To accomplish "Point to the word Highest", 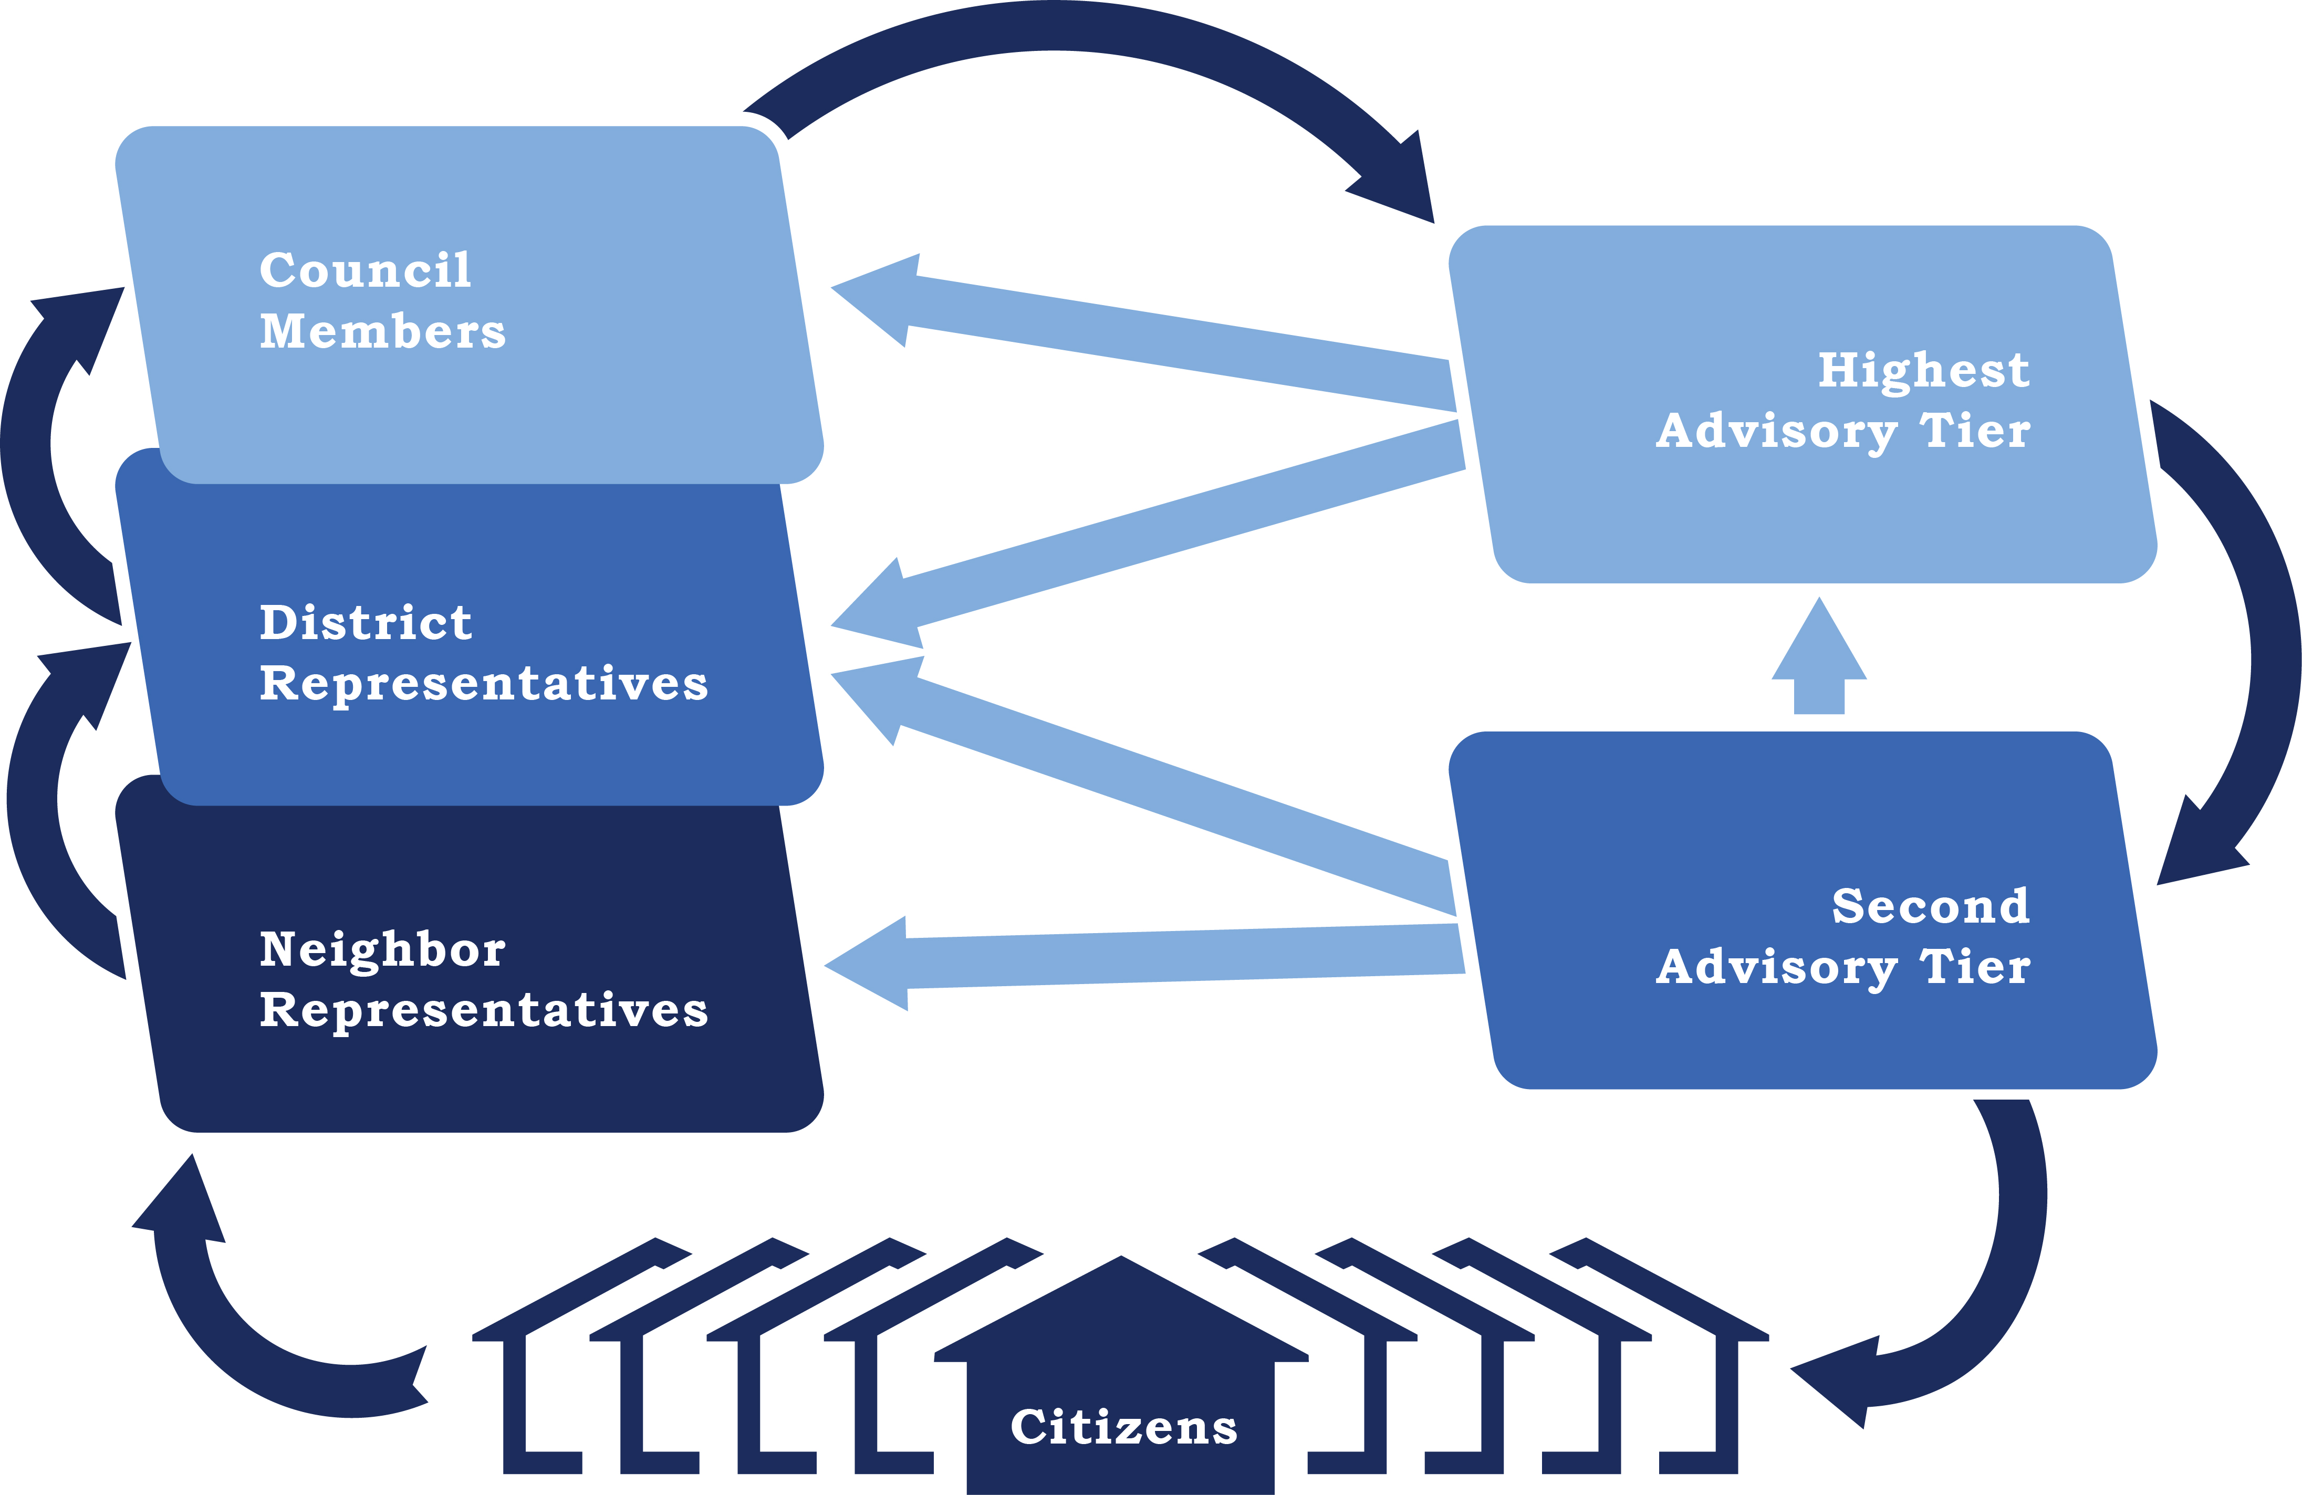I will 1923,370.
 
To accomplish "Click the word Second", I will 1931,906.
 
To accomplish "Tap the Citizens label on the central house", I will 1123,1427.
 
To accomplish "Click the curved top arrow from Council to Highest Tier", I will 1064,27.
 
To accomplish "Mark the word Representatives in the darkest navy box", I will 484,1010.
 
